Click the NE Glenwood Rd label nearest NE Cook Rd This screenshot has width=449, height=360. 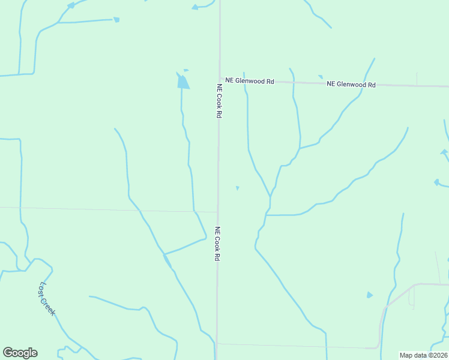(250, 80)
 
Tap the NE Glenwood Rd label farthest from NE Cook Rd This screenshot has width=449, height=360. (351, 85)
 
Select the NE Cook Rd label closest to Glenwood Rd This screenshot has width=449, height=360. (220, 100)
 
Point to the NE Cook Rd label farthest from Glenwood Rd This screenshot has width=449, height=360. (217, 243)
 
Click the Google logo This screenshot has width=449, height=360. (20, 353)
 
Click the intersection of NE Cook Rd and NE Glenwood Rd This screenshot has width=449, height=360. (219, 79)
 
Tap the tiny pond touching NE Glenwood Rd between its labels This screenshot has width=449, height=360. (321, 77)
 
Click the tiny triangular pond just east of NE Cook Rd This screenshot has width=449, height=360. (238, 188)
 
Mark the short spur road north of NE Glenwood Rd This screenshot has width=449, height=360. (417, 79)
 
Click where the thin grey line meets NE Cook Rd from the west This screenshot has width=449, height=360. (217, 212)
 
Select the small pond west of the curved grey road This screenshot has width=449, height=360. (369, 295)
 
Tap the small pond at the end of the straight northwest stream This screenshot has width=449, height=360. (116, 20)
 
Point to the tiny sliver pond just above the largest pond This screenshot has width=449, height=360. (186, 70)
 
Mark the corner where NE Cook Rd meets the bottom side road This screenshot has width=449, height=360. (217, 344)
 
